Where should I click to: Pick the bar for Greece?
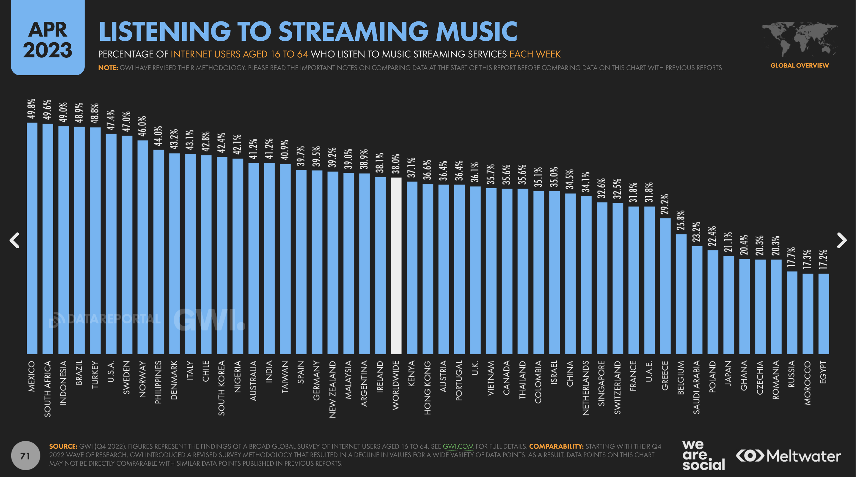[665, 286]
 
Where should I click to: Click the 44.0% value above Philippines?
[158, 136]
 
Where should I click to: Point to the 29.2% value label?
[665, 204]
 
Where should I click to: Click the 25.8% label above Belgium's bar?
[681, 220]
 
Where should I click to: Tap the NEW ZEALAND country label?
[333, 389]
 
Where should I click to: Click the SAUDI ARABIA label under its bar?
[697, 387]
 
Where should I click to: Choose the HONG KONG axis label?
[428, 387]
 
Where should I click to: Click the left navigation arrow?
[14, 240]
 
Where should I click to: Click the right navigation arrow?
[841, 240]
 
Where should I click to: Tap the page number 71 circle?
[25, 455]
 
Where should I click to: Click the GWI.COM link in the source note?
[458, 446]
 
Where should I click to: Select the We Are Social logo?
[703, 455]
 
